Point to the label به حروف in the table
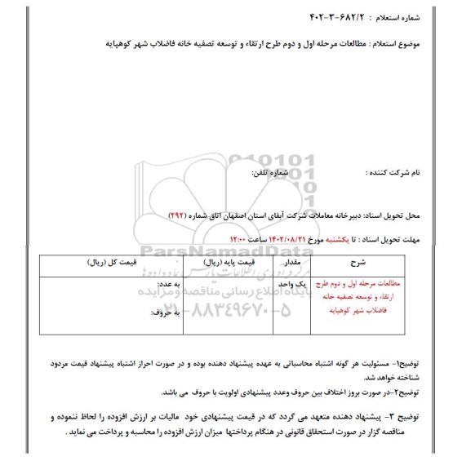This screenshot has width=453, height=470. (x=162, y=313)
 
